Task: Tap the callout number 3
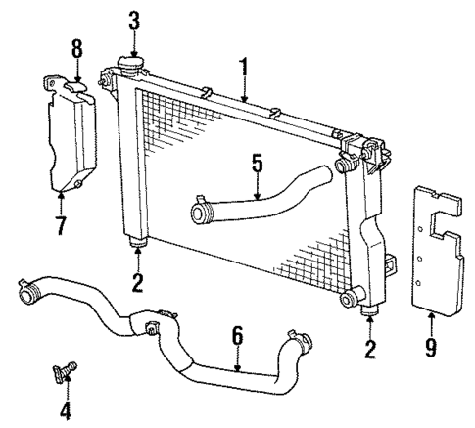click(x=134, y=20)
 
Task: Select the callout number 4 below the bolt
click(x=66, y=410)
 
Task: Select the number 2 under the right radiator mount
click(x=371, y=348)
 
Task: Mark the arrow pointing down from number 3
click(x=134, y=41)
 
